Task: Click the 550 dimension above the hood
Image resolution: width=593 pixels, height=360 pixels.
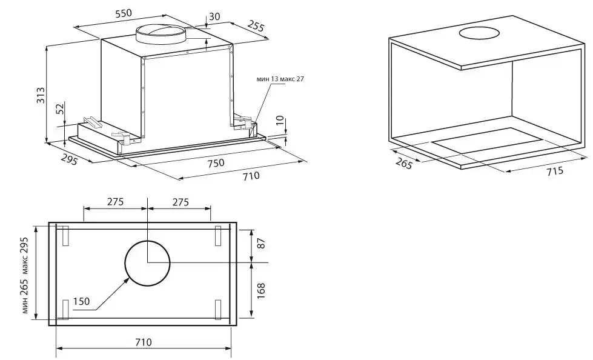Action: pyautogui.click(x=124, y=13)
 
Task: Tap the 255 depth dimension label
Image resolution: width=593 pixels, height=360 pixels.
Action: pyautogui.click(x=256, y=25)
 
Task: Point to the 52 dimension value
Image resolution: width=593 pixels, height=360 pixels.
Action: pyautogui.click(x=60, y=108)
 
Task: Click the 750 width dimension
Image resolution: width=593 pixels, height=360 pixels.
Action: pyautogui.click(x=216, y=163)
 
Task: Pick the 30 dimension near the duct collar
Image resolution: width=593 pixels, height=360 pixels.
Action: pyautogui.click(x=214, y=16)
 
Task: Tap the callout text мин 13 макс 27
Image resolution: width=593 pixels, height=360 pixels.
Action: pyautogui.click(x=280, y=79)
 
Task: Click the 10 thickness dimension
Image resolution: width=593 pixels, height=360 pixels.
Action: pyautogui.click(x=280, y=121)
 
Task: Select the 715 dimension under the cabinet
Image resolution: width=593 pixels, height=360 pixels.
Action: pyautogui.click(x=555, y=171)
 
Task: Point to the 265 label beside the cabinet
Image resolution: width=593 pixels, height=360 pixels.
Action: pyautogui.click(x=404, y=163)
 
